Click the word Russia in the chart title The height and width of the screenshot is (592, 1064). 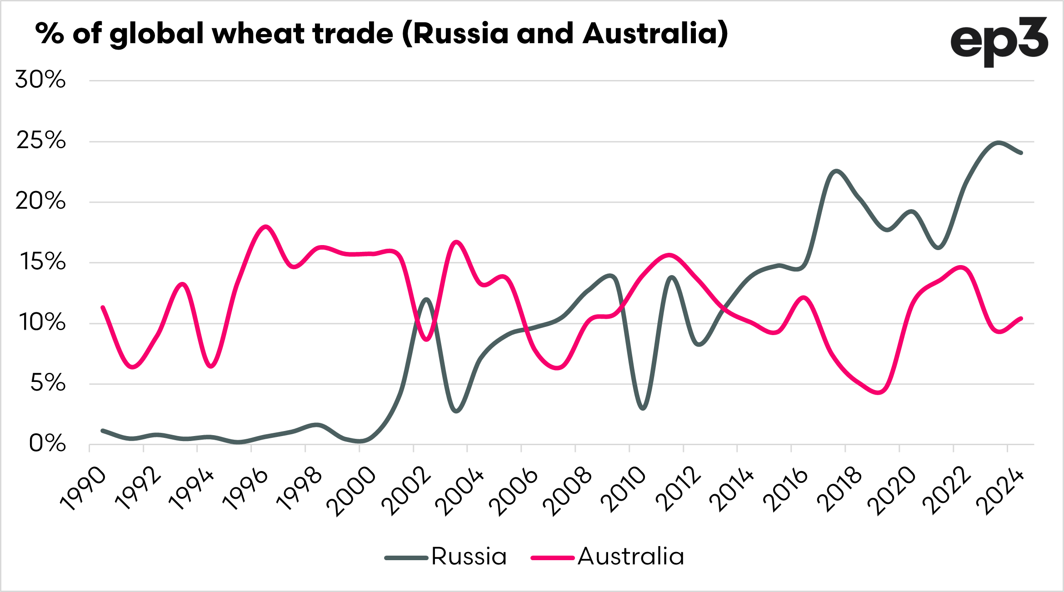(460, 34)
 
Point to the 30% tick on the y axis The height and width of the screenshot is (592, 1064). (40, 80)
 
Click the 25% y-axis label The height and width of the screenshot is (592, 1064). (41, 140)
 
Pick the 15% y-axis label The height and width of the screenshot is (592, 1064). (42, 262)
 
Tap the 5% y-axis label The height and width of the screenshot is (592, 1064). (48, 383)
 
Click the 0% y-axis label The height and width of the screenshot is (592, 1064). (47, 444)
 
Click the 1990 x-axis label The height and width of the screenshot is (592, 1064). (83, 488)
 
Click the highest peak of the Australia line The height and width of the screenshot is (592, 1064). (266, 226)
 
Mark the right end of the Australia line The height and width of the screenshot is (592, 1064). (1021, 318)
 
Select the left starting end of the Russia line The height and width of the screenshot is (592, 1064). (103, 430)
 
